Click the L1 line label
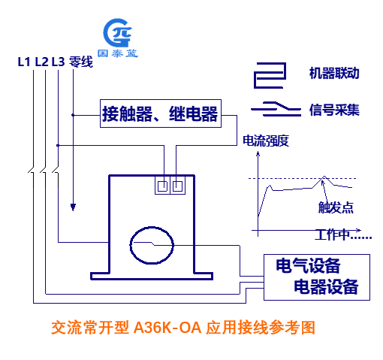24,62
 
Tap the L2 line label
41,62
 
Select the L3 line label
58,62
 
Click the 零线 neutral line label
81,62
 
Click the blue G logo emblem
118,32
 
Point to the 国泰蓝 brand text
118,53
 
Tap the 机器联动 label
334,73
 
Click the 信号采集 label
334,110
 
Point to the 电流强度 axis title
266,141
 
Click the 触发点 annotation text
336,207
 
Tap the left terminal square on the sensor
162,186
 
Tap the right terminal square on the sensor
178,186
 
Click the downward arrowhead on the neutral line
73,207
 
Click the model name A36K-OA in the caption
167,328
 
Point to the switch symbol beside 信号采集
276,109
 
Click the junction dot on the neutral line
73,115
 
